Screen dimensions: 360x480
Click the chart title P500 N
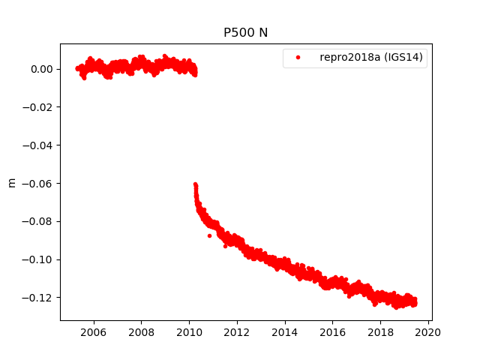click(245, 33)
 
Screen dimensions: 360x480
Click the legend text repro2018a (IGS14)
click(373, 57)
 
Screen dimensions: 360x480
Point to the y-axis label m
click(11, 182)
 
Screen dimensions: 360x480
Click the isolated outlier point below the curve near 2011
click(209, 235)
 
